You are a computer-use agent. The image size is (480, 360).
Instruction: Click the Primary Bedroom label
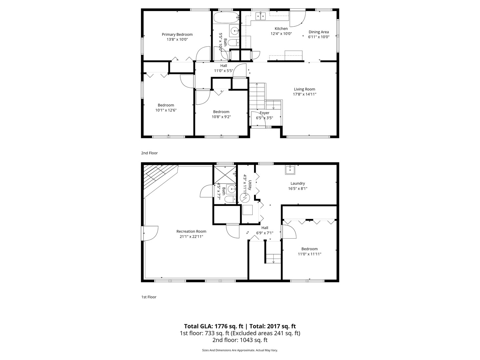click(177, 34)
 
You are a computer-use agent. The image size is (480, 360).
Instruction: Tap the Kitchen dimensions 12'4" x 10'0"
click(281, 33)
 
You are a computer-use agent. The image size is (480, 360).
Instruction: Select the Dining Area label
click(319, 32)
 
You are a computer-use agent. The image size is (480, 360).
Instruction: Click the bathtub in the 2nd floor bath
click(226, 17)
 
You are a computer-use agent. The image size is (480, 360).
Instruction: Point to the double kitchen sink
click(260, 16)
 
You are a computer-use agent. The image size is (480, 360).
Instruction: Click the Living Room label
click(304, 89)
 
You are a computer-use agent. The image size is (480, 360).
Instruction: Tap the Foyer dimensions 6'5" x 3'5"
click(264, 118)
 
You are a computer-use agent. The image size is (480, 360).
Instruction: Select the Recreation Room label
click(191, 231)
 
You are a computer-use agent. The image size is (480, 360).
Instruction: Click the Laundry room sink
click(290, 170)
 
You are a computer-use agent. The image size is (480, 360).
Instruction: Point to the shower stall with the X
click(225, 175)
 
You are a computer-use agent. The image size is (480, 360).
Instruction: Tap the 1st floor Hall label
click(265, 228)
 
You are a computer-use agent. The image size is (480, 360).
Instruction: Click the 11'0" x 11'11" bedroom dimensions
click(309, 254)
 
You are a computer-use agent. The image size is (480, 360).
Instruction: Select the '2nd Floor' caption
click(149, 153)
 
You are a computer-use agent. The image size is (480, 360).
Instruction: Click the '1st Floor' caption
click(149, 297)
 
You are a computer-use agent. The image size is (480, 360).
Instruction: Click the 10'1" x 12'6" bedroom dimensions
click(166, 110)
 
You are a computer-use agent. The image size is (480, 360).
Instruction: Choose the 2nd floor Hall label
click(223, 66)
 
